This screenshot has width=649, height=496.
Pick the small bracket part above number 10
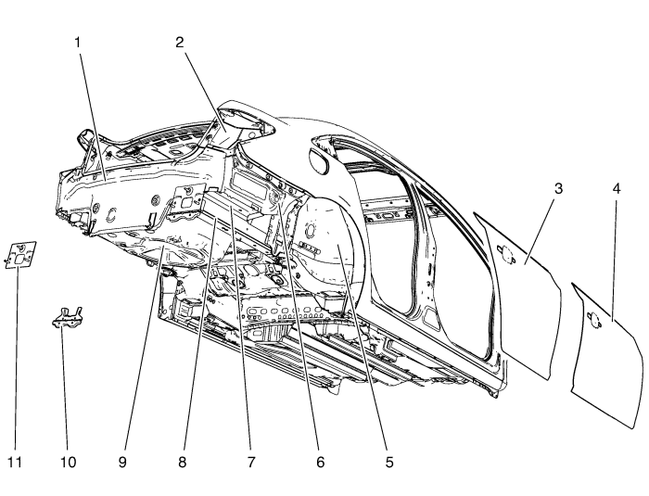66,315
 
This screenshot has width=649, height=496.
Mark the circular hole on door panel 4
595,321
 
